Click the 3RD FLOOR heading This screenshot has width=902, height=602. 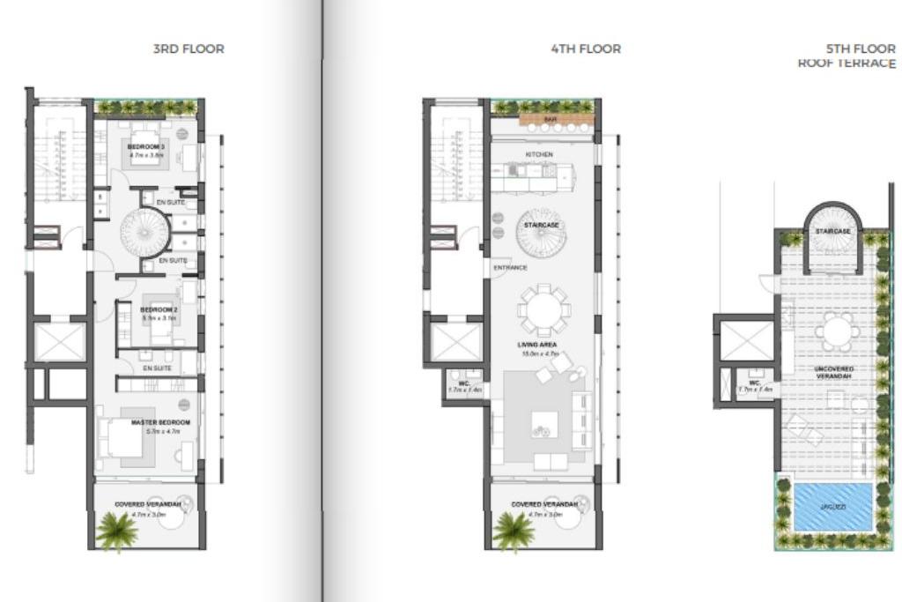189,48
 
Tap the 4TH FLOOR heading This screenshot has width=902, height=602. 586,48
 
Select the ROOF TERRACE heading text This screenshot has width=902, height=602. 847,63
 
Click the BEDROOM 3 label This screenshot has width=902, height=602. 146,146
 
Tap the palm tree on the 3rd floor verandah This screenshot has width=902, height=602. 116,531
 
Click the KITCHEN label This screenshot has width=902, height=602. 539,155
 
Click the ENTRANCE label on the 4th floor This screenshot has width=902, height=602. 510,267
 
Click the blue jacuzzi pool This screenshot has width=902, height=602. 832,508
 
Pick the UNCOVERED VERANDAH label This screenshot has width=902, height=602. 834,371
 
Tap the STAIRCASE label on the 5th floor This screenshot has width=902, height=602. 832,231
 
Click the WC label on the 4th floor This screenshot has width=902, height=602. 462,383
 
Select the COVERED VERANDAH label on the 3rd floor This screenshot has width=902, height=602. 147,504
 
